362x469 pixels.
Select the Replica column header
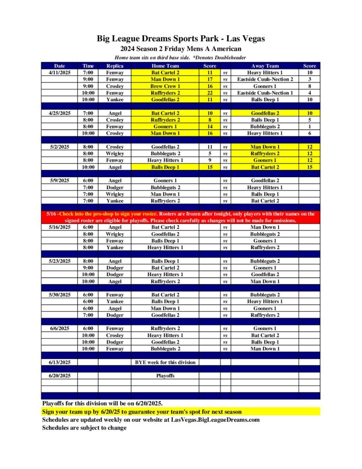(x=114, y=66)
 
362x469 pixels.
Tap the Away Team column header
(x=265, y=66)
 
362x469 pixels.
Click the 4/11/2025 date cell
(x=59, y=72)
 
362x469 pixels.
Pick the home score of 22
(x=210, y=93)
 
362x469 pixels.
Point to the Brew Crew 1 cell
(x=165, y=86)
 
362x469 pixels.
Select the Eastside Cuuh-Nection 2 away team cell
(x=265, y=79)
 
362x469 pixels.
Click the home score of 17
(x=210, y=79)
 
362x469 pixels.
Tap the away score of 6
(x=309, y=133)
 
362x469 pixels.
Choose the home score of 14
(x=210, y=126)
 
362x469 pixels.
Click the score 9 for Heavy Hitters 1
(x=210, y=160)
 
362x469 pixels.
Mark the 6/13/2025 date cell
(x=59, y=362)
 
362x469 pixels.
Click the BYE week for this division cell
(x=165, y=362)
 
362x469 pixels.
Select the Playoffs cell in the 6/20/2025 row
(x=165, y=376)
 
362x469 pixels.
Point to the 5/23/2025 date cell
(x=59, y=261)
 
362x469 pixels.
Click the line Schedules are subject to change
(x=84, y=428)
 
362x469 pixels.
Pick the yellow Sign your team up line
(x=142, y=411)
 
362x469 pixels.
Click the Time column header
(x=88, y=66)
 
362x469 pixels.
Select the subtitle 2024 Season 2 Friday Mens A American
(x=181, y=49)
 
